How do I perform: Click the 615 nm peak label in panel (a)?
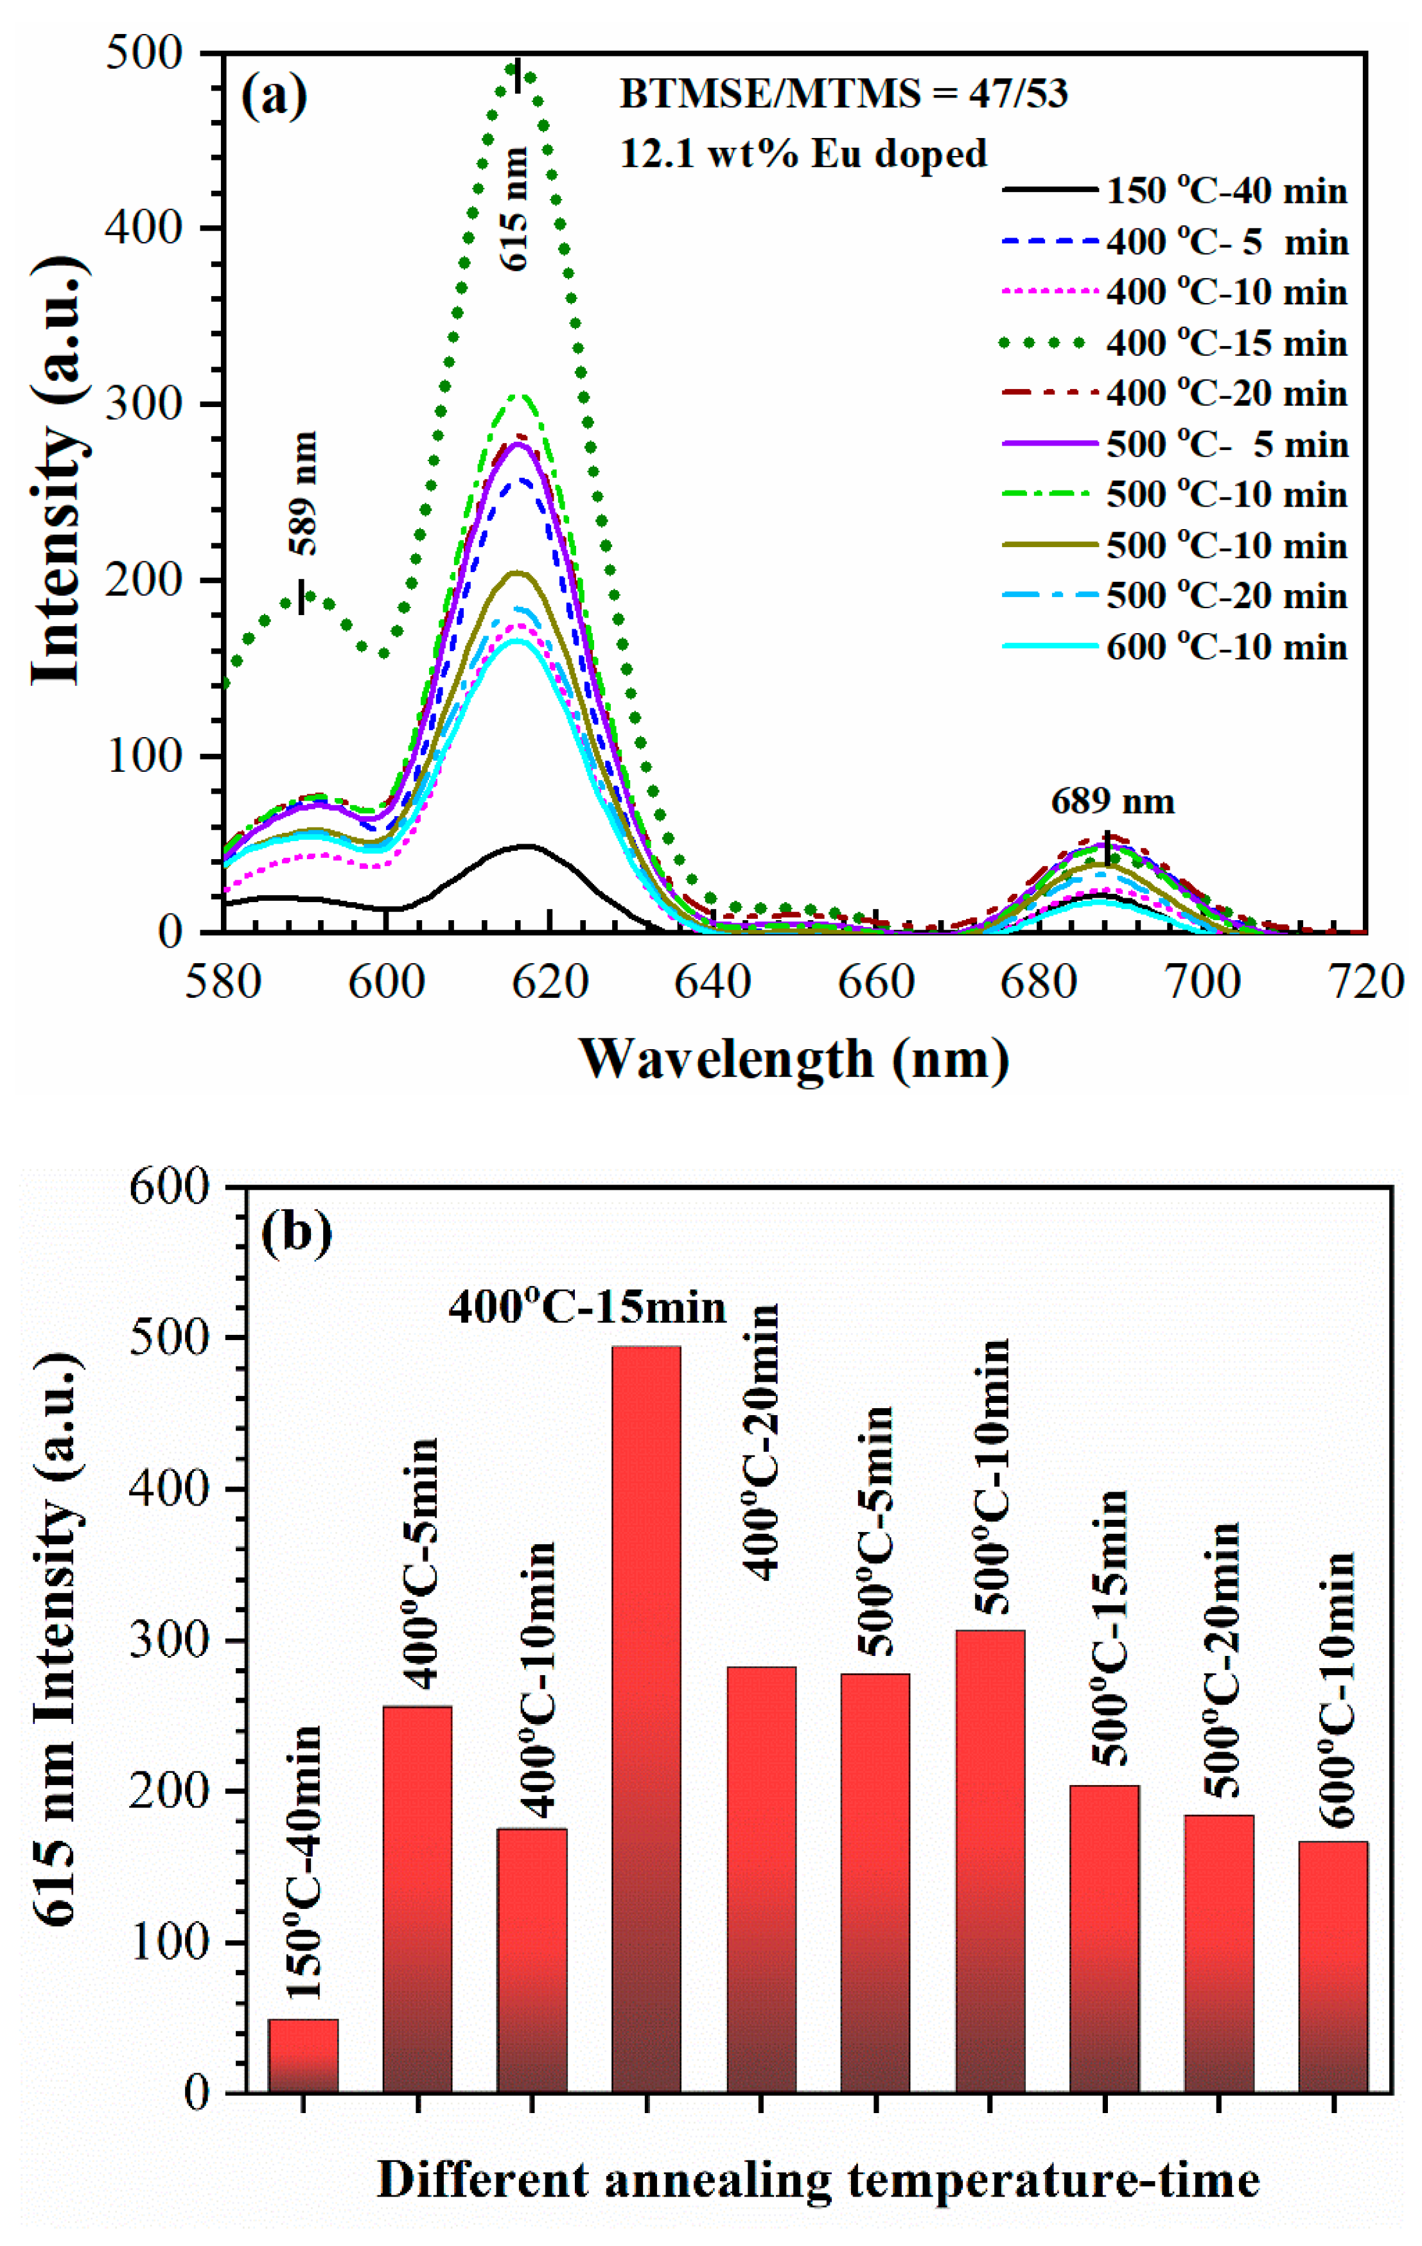pyautogui.click(x=515, y=209)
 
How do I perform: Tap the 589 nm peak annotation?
pyautogui.click(x=303, y=493)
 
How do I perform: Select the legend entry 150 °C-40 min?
pyautogui.click(x=1226, y=192)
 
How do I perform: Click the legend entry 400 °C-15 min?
pyautogui.click(x=1226, y=344)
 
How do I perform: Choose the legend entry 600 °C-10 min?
pyautogui.click(x=1226, y=647)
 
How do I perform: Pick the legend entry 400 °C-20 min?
pyautogui.click(x=1226, y=394)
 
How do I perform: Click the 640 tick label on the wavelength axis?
pyautogui.click(x=713, y=983)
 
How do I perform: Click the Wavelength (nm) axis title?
pyautogui.click(x=795, y=1059)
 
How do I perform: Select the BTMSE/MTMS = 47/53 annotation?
pyautogui.click(x=843, y=94)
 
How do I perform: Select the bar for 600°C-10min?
pyautogui.click(x=1333, y=1968)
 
